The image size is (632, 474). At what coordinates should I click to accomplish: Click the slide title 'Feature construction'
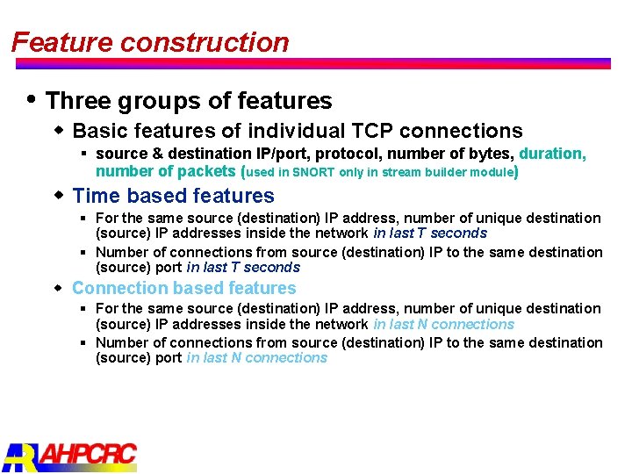[150, 42]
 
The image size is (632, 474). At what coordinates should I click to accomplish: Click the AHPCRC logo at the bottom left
[70, 456]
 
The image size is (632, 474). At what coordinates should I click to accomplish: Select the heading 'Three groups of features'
[189, 101]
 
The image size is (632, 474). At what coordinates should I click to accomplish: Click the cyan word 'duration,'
[552, 154]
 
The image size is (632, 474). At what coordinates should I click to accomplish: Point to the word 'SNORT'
[314, 172]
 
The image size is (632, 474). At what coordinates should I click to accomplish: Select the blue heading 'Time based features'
[173, 196]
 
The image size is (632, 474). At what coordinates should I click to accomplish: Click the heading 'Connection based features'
[183, 288]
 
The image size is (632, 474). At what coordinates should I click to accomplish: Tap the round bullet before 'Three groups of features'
[32, 99]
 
